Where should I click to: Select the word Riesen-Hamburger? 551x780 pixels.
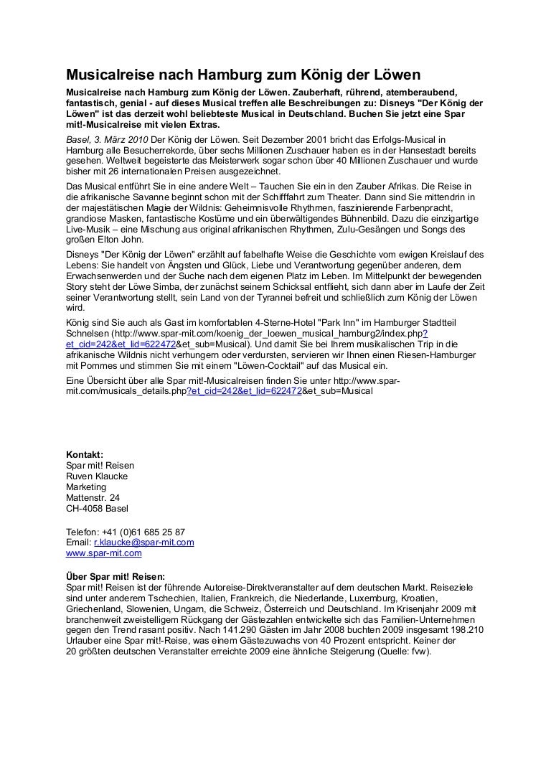tap(420, 356)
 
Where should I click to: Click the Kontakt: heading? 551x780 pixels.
tap(85, 454)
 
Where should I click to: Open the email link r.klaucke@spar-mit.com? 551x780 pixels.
tap(144, 543)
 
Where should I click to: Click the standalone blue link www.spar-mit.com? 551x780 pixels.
tap(104, 553)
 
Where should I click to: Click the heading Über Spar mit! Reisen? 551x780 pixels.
tap(116, 576)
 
